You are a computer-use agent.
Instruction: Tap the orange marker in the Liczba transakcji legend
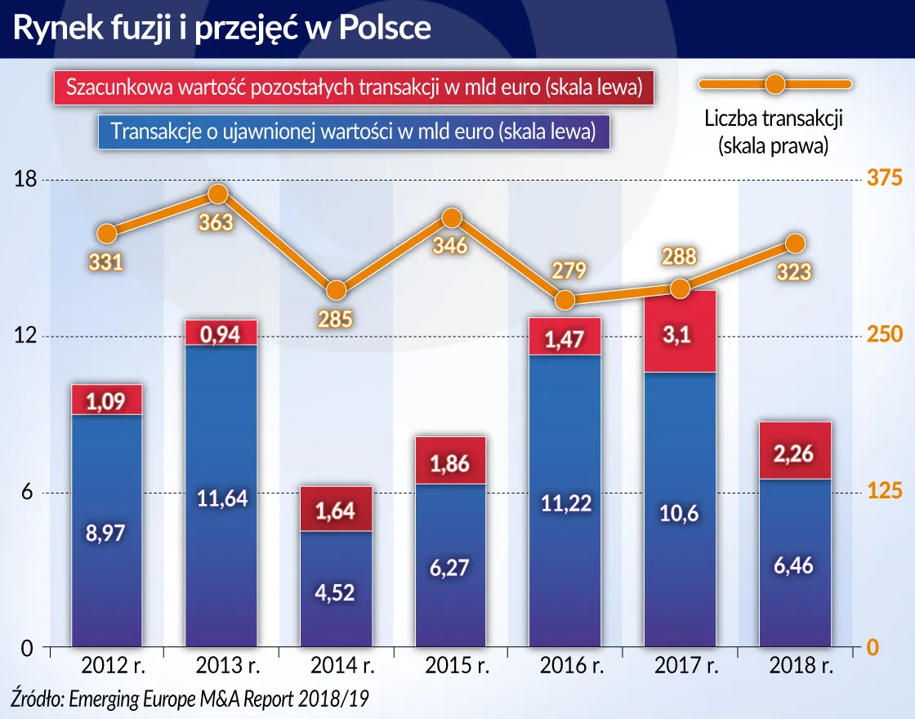pos(774,83)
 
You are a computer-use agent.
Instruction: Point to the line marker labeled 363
pos(217,194)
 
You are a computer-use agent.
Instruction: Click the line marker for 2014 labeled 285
pos(335,290)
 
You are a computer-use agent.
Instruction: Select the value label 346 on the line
pos(451,245)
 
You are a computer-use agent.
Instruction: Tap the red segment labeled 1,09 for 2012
pos(106,400)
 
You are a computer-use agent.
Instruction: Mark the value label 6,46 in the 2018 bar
pos(792,565)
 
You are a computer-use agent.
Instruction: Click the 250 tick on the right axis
pos(885,336)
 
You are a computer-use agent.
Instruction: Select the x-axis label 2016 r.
pos(565,667)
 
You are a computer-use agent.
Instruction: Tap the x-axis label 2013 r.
pos(222,667)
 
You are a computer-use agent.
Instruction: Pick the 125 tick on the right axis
pos(885,492)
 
